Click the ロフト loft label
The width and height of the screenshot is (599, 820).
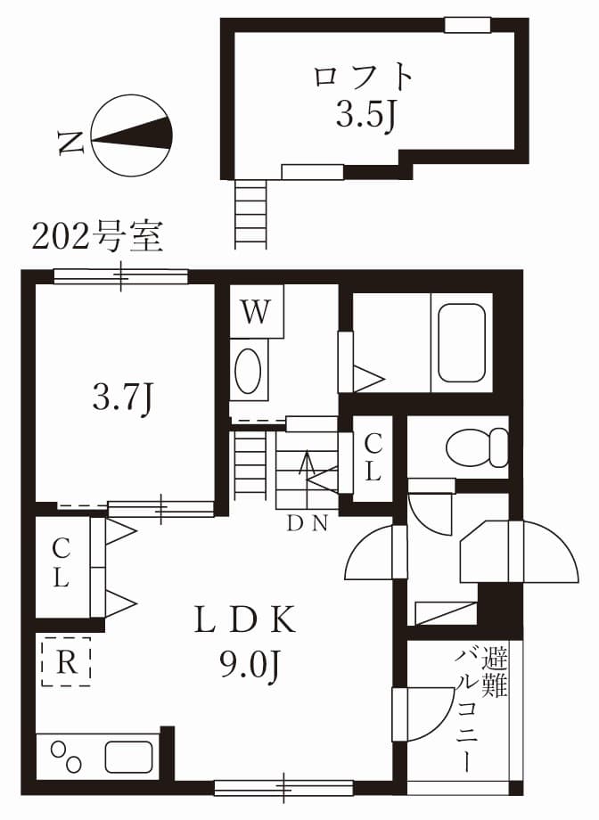pos(364,78)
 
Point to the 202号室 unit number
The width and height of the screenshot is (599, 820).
pos(97,236)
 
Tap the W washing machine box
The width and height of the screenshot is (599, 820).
pos(257,312)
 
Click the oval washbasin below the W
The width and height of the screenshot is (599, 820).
pos(249,370)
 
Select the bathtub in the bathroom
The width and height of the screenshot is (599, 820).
pos(461,342)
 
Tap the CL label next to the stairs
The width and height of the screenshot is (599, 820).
pos(373,457)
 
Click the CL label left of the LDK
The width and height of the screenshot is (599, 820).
pos(61,563)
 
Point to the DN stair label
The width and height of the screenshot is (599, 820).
pos(307,524)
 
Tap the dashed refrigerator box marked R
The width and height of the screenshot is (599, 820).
pos(65,660)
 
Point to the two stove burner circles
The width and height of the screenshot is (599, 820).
pos(66,757)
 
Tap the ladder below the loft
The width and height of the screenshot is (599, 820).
pos(250,214)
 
